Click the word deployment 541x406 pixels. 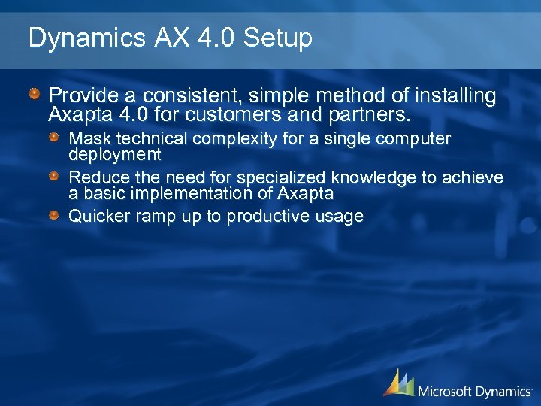[x=115, y=154]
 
